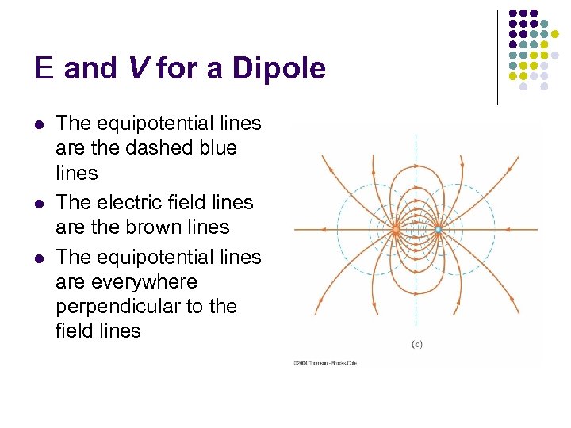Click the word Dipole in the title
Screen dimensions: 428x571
click(279, 69)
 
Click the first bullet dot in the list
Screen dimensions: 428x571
click(40, 124)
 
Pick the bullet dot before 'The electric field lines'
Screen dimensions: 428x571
click(40, 204)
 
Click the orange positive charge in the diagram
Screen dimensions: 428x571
click(395, 230)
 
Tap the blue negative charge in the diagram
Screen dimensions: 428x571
click(439, 230)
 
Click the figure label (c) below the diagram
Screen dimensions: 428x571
click(416, 343)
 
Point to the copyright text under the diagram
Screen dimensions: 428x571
click(324, 363)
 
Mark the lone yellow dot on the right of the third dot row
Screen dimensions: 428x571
click(555, 34)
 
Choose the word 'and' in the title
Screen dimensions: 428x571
click(90, 69)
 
